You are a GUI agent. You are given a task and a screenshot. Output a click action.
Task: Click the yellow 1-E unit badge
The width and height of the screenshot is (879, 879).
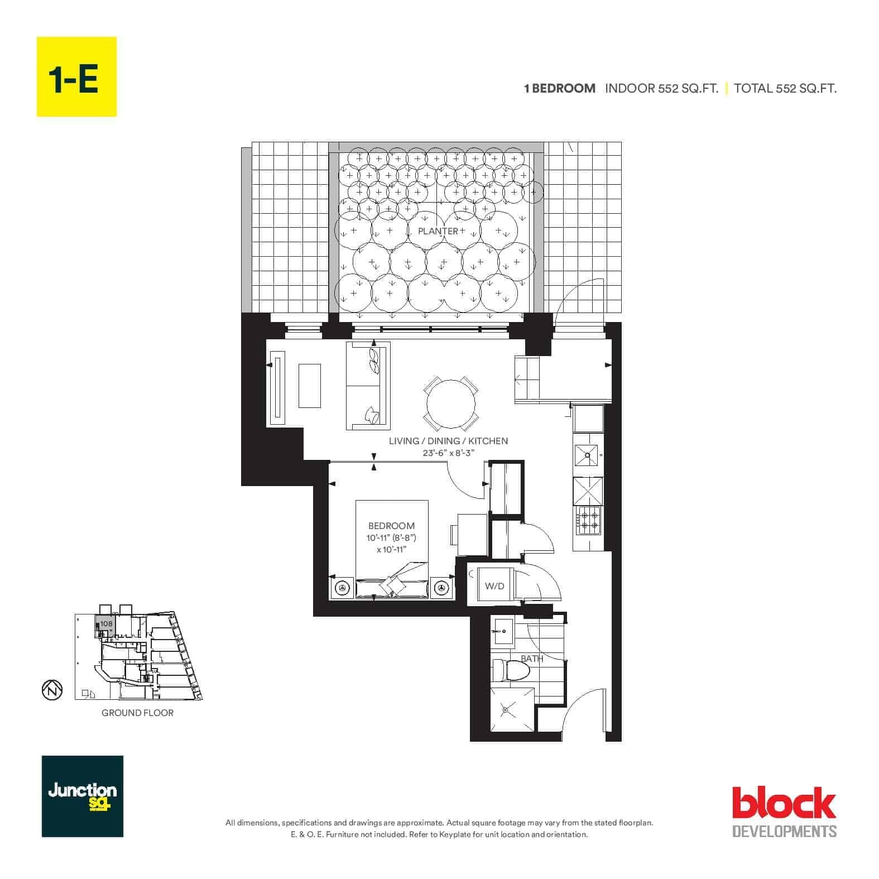[76, 76]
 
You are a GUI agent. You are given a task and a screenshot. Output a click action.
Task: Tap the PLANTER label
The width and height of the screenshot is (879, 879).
[438, 231]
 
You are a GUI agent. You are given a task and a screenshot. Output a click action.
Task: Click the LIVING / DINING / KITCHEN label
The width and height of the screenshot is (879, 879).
[448, 441]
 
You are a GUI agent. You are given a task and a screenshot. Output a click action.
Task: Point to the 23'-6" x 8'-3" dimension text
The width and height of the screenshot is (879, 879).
[448, 454]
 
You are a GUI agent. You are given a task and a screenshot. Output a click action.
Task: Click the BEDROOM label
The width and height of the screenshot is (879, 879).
[391, 526]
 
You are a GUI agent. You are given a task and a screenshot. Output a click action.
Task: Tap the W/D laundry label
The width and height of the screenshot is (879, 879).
[494, 586]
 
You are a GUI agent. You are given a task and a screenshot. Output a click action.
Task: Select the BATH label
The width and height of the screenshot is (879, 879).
[532, 659]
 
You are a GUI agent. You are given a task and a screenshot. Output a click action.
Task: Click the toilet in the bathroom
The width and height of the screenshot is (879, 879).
[508, 670]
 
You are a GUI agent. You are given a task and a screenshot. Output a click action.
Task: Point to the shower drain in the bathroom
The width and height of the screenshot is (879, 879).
[505, 710]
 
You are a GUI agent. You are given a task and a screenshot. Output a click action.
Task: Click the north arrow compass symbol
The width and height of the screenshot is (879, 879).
[49, 690]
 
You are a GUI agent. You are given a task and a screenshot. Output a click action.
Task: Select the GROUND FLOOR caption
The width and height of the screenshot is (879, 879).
[137, 713]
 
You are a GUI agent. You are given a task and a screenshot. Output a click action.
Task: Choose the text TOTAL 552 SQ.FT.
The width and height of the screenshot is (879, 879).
[785, 88]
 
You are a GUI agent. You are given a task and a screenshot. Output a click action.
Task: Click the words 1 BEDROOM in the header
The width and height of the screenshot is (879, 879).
[559, 88]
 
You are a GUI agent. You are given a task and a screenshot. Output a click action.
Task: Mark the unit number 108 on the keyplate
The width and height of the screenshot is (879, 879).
[107, 624]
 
